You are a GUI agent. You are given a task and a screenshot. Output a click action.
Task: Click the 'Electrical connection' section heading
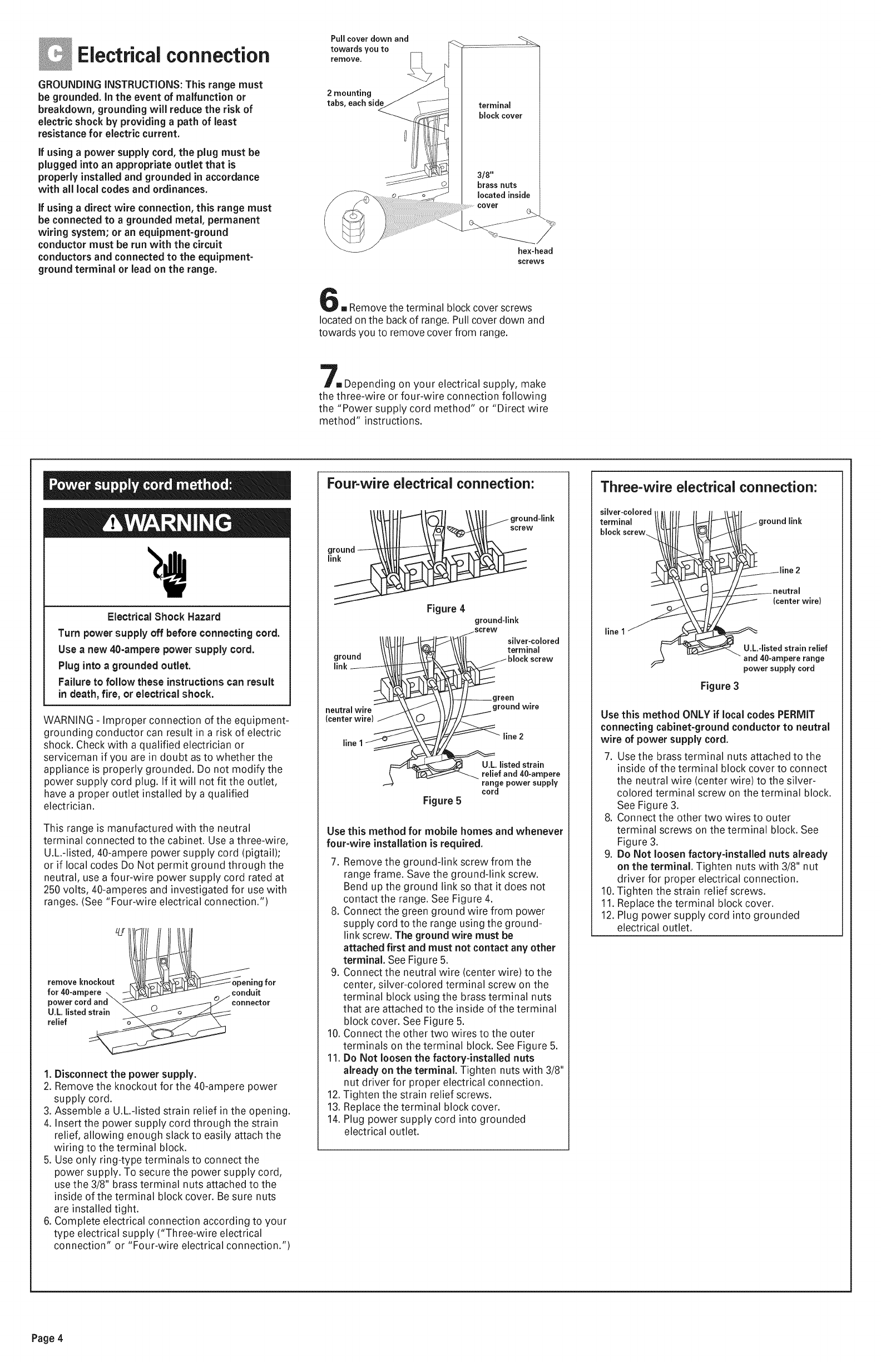coord(173,55)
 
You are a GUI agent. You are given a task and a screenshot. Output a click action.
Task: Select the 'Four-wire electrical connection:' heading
coord(430,483)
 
